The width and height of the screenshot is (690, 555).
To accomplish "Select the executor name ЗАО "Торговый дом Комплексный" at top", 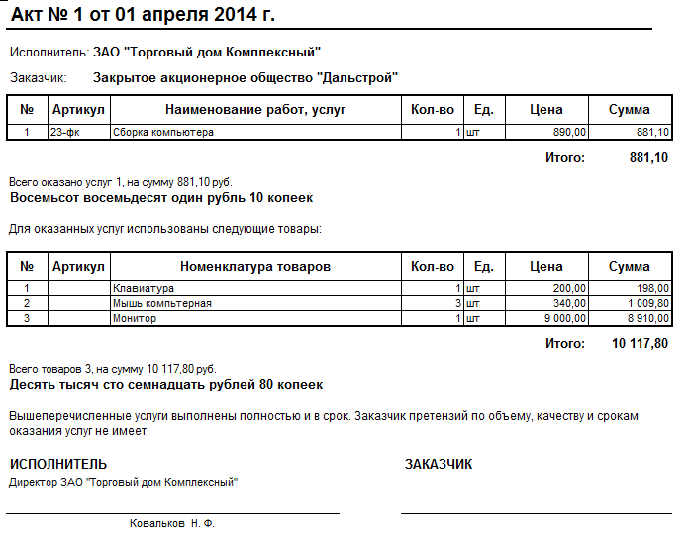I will [207, 52].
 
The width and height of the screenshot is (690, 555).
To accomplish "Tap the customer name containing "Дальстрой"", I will [246, 76].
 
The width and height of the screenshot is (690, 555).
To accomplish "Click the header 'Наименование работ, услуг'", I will [255, 109].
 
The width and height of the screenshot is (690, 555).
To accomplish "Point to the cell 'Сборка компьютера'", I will [163, 132].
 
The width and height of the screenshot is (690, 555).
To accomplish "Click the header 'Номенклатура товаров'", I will [255, 266].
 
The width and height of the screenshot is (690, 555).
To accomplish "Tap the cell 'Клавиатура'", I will [144, 288].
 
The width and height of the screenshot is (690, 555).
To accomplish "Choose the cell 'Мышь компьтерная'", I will [162, 303].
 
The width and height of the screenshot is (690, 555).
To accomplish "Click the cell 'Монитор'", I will [135, 318].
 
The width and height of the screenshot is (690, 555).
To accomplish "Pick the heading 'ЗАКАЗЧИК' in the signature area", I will [439, 464].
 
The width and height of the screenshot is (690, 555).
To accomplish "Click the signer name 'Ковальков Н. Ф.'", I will [172, 522].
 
